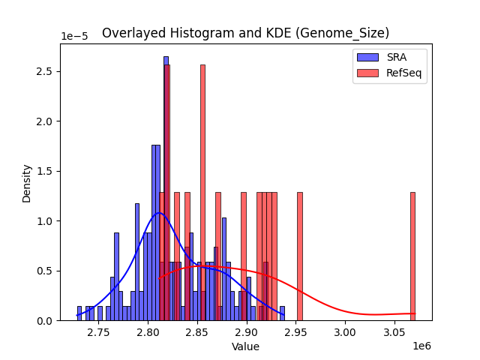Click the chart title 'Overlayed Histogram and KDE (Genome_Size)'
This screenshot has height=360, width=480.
[x=245, y=33]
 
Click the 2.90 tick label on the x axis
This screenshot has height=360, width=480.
[x=247, y=331]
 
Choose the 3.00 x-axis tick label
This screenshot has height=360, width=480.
[x=345, y=331]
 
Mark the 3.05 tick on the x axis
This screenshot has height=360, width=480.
[x=394, y=331]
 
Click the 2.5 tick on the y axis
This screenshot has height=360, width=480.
[x=46, y=71]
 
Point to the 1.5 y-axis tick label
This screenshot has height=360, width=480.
[x=46, y=171]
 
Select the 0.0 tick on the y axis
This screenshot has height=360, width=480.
[x=46, y=320]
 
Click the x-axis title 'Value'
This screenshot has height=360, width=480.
[x=245, y=346]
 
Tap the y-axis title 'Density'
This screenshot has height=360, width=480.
[x=27, y=183]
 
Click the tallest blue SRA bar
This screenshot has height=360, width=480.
[x=166, y=187]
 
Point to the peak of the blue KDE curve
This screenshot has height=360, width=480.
[x=159, y=213]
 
